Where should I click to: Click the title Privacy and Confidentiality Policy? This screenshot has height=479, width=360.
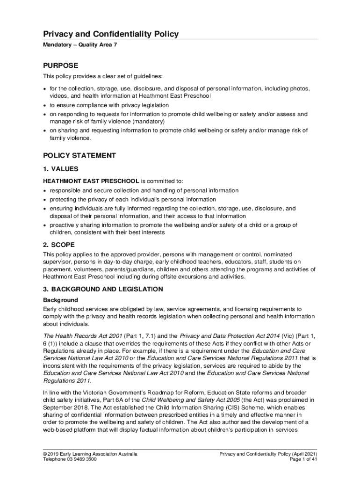coord(111,34)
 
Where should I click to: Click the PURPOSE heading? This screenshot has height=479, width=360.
coord(61,65)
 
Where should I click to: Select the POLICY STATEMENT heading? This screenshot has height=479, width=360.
coord(79,155)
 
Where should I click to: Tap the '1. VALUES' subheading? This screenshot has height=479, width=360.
coord(61,169)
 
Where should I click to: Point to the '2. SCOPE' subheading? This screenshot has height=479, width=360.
coord(59,245)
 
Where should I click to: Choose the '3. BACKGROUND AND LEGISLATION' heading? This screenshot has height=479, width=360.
coord(103,289)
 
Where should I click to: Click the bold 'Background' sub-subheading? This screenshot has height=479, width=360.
coord(60,300)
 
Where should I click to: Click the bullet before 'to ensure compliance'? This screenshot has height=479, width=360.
coord(45,105)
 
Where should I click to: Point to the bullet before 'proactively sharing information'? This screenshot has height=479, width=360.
coord(45,225)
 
